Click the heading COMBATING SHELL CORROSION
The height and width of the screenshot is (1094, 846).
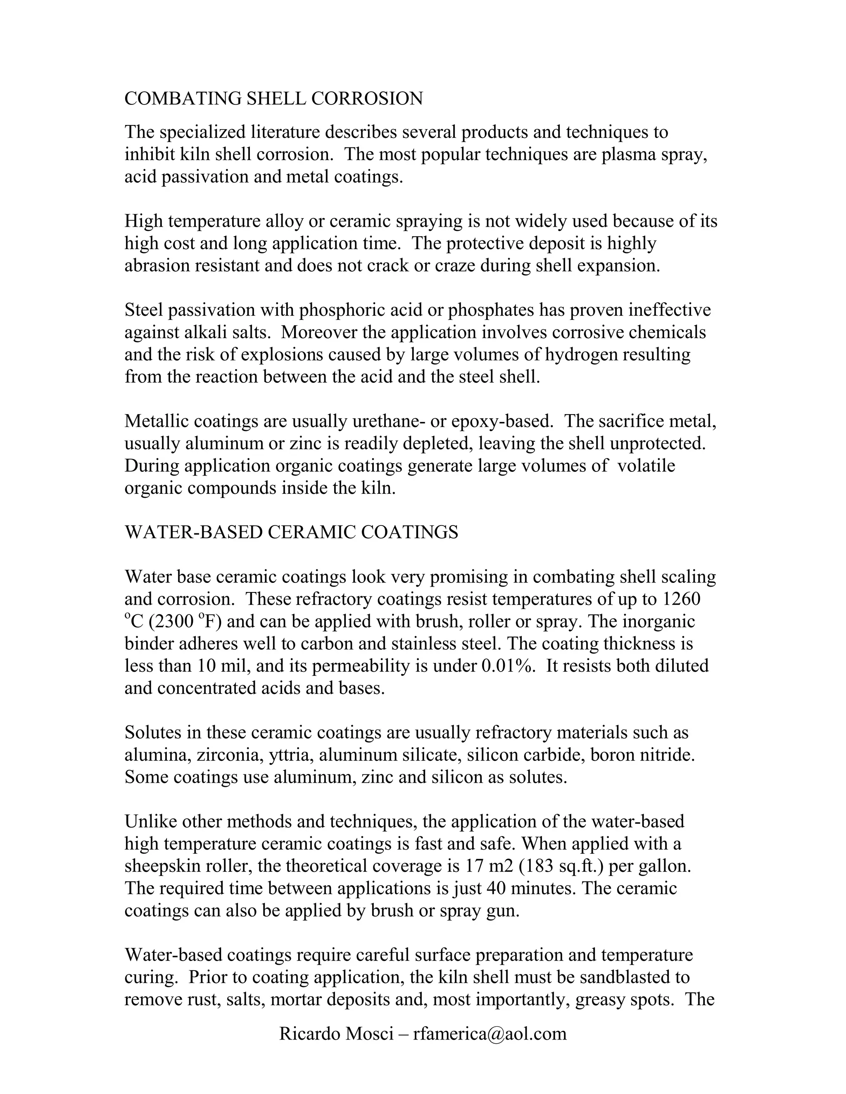[x=273, y=99]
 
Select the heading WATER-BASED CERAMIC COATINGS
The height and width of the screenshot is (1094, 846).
[x=291, y=532]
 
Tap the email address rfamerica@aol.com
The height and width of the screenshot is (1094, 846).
[x=490, y=1033]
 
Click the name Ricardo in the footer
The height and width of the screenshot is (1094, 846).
[x=309, y=1033]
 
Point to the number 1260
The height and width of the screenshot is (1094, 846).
[x=682, y=599]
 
